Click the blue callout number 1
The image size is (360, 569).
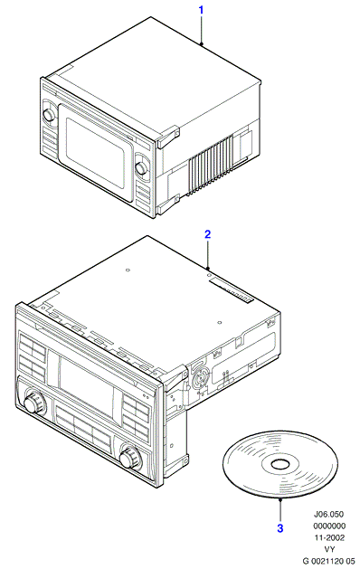tap(202, 10)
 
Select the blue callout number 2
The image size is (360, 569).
tap(207, 234)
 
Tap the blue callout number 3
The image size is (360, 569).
tap(279, 527)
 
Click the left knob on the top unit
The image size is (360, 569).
tap(48, 114)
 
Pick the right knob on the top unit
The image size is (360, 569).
tap(141, 167)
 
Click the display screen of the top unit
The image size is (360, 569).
tap(96, 152)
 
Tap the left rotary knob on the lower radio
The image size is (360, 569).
tap(33, 402)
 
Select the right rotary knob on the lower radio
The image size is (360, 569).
tap(129, 457)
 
